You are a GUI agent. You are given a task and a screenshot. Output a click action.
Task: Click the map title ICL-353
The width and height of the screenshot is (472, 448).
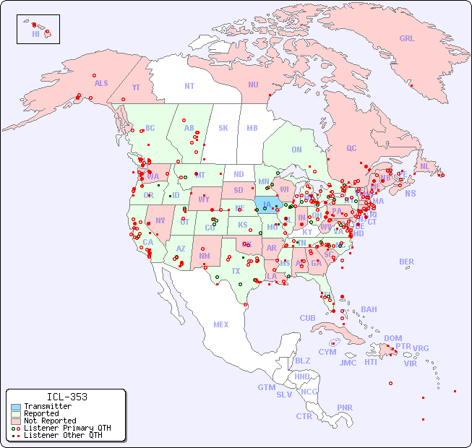tap(66, 397)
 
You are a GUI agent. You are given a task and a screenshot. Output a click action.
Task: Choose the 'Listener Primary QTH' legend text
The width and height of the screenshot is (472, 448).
tap(66, 428)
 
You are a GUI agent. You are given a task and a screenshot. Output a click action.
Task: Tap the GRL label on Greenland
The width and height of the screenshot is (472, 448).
tap(407, 39)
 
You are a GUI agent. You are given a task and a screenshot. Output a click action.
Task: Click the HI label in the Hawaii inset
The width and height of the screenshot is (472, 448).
tap(35, 34)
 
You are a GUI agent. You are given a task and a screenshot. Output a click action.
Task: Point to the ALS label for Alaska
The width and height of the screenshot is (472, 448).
tap(101, 84)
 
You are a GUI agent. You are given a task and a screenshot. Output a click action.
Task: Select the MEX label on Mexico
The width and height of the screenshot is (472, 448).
tap(221, 324)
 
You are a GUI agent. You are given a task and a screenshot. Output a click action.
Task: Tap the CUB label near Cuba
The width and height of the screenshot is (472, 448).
tap(308, 318)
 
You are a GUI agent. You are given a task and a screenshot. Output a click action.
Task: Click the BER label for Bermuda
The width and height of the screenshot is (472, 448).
tap(407, 262)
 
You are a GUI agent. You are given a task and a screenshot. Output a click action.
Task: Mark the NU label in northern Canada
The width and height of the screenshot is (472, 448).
tap(253, 85)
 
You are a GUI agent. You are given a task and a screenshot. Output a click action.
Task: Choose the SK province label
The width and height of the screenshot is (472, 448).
tap(223, 129)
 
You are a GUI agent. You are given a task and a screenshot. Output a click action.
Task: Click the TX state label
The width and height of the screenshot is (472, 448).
tap(236, 271)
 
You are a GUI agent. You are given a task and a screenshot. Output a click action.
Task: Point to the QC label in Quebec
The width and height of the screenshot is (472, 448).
tap(351, 148)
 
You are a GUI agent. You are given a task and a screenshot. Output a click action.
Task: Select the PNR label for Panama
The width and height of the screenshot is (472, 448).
tap(345, 408)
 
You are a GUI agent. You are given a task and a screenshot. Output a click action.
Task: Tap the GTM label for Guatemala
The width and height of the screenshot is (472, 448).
tap(266, 387)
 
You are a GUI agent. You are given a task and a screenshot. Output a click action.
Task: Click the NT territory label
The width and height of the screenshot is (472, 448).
tap(189, 85)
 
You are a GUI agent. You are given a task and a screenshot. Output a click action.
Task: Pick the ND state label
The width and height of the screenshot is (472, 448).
tap(239, 174)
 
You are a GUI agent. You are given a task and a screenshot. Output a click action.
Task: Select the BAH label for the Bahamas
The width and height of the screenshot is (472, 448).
tap(369, 309)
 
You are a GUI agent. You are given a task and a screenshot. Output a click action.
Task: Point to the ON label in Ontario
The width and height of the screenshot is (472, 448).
tap(296, 150)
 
